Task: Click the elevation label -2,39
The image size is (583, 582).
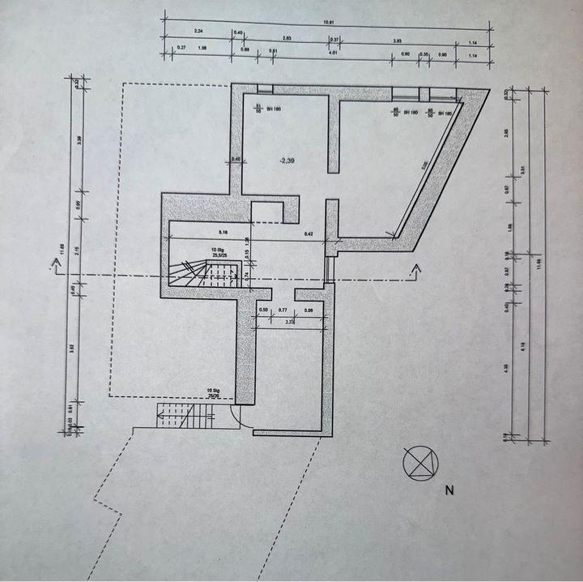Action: pyautogui.click(x=286, y=161)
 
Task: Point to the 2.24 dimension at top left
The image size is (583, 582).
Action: pyautogui.click(x=199, y=31)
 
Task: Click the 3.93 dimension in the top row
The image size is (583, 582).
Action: pyautogui.click(x=397, y=40)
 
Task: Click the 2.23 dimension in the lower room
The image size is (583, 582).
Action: pyautogui.click(x=289, y=322)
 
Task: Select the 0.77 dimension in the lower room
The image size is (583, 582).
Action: pyautogui.click(x=283, y=310)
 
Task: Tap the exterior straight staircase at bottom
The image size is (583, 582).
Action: pyautogui.click(x=186, y=417)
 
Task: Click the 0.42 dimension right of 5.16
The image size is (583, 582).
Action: pyautogui.click(x=309, y=233)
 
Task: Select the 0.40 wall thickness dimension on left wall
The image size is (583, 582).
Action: pyautogui.click(x=236, y=159)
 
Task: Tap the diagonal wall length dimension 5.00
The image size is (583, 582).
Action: pyautogui.click(x=425, y=165)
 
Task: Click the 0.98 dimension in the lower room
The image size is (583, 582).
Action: pyautogui.click(x=309, y=310)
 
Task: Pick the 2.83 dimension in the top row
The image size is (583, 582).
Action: pyautogui.click(x=287, y=39)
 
